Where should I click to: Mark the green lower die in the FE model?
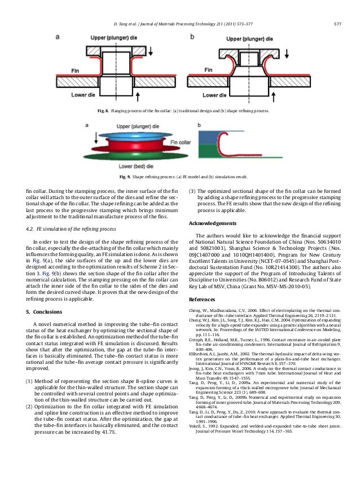130,156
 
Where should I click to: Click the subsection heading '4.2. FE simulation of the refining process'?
71,229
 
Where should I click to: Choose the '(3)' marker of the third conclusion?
192,191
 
